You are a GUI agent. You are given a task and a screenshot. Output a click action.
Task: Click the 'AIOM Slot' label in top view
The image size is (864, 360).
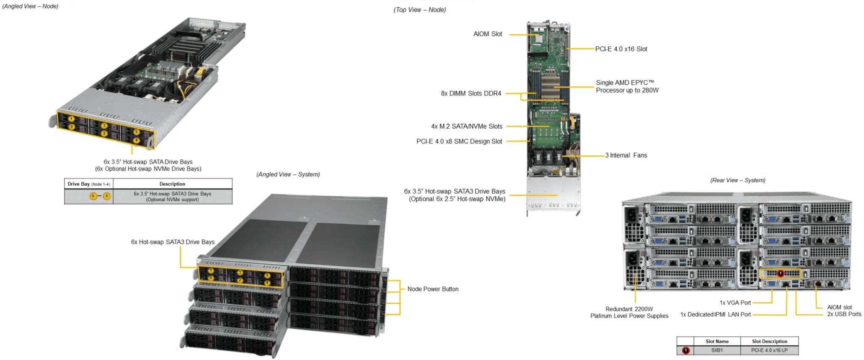tap(488, 34)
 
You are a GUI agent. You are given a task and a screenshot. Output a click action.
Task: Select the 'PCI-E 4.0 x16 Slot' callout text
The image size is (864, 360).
tap(621, 49)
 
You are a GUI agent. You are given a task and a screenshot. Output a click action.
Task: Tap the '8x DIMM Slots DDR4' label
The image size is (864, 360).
tap(471, 93)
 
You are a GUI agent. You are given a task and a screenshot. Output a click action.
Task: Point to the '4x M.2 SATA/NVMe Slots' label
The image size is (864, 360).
tap(467, 126)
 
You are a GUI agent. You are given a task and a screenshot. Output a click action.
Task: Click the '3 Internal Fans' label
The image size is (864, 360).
tap(626, 155)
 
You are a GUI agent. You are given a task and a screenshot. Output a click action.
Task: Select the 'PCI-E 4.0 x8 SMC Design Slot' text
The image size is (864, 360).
tap(459, 141)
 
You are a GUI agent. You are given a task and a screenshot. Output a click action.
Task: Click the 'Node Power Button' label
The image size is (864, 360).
tap(433, 289)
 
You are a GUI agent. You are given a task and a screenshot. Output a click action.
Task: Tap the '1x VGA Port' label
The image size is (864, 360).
tap(735, 303)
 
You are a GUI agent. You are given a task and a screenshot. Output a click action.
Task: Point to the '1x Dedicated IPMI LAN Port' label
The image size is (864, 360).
tap(715, 314)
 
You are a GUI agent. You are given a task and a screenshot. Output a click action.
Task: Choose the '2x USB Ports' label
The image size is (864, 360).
tap(844, 314)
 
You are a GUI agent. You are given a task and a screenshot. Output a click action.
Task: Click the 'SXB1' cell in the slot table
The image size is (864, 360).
tap(717, 350)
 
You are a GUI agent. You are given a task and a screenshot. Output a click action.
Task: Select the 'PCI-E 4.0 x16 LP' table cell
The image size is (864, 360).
tap(769, 350)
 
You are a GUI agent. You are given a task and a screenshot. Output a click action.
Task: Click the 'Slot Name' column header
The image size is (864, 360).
tap(717, 341)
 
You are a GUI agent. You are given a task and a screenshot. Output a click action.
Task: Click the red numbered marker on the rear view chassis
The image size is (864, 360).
tap(780, 273)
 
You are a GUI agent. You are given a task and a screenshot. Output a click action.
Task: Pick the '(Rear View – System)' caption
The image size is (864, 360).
tap(737, 180)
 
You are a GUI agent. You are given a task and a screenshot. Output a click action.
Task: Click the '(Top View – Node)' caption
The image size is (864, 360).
tap(419, 10)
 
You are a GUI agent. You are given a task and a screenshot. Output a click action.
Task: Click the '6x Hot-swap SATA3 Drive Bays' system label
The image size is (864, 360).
tap(173, 242)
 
